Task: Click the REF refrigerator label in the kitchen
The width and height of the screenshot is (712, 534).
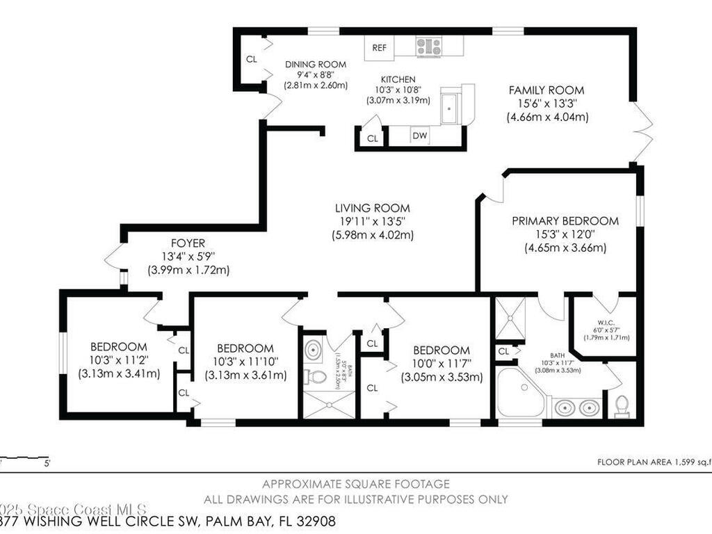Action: click(379, 48)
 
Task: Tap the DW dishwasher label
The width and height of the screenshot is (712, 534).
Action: click(419, 136)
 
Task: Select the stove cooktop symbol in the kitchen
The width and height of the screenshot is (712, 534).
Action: click(429, 47)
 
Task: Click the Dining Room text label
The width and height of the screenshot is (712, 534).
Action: click(316, 64)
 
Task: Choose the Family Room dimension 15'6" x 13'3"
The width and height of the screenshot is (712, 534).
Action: click(547, 104)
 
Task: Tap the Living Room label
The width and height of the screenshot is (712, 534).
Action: click(372, 208)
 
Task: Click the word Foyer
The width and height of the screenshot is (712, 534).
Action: click(188, 243)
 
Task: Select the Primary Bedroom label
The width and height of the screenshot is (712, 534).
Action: click(565, 221)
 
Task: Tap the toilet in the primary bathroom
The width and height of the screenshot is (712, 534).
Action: click(622, 405)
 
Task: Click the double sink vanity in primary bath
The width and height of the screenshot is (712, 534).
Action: click(576, 407)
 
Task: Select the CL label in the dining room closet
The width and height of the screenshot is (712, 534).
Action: click(251, 59)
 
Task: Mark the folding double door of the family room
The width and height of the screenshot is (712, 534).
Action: click(645, 132)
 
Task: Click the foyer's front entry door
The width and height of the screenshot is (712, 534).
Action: click(113, 257)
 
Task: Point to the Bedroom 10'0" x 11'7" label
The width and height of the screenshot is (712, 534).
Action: click(442, 350)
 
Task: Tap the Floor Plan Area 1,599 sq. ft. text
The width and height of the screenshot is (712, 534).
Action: click(654, 462)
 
